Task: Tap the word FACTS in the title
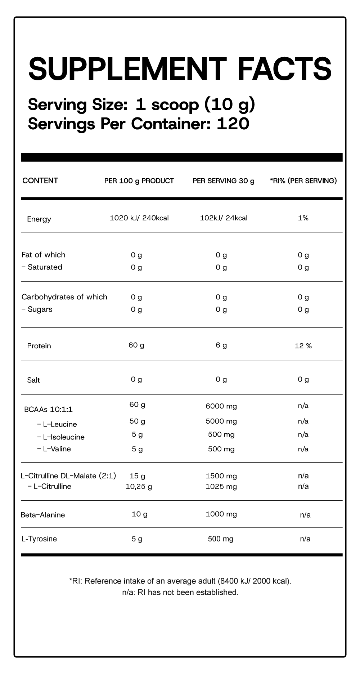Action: (284, 68)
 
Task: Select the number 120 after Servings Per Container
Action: (233, 124)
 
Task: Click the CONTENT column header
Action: (40, 180)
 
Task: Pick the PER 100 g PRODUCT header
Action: (139, 181)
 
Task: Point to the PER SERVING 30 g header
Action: (224, 181)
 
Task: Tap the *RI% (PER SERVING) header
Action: (303, 181)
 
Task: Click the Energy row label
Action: (39, 219)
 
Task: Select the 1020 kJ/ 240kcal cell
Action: (139, 218)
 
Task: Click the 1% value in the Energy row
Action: (303, 218)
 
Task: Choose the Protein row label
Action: (39, 346)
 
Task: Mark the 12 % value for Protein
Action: (303, 346)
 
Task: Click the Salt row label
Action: (33, 380)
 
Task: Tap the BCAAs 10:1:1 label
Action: (48, 409)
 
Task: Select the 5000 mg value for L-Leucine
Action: (221, 421)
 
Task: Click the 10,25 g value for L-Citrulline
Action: (139, 487)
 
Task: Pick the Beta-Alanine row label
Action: (43, 515)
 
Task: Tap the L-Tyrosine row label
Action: (39, 539)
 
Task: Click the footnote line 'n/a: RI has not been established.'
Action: (180, 592)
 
